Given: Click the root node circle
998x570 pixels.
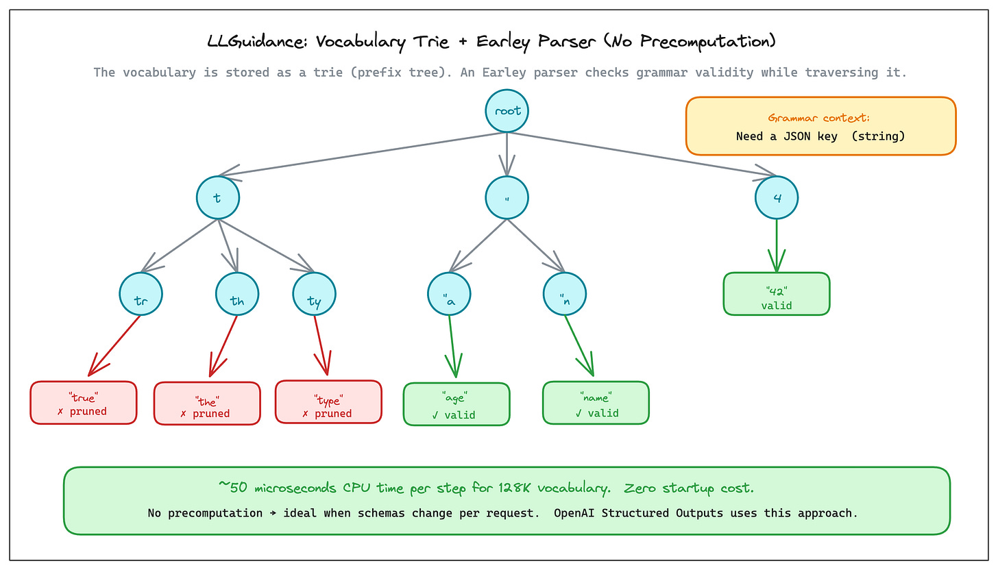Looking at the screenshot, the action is pyautogui.click(x=507, y=111).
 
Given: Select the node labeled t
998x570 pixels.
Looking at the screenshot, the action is pyautogui.click(x=218, y=198).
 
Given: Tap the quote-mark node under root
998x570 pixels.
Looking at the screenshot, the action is pyautogui.click(x=507, y=198).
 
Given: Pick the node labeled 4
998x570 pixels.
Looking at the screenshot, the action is pyautogui.click(x=777, y=198).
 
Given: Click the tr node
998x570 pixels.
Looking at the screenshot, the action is pyautogui.click(x=141, y=294).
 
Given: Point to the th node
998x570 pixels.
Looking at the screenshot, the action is pyautogui.click(x=237, y=294).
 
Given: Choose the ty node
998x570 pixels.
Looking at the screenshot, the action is pyautogui.click(x=314, y=294).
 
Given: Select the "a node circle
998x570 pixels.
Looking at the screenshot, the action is pyautogui.click(x=449, y=294).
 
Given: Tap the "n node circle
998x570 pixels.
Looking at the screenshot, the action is pyautogui.click(x=565, y=294).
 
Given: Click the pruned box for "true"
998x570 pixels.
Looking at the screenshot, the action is pyautogui.click(x=84, y=403).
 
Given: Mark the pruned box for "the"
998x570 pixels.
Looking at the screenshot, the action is pyautogui.click(x=207, y=404).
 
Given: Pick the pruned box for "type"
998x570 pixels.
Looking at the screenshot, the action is pyautogui.click(x=328, y=401).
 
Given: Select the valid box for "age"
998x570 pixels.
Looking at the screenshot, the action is pyautogui.click(x=457, y=404).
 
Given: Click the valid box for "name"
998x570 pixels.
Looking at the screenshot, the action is pyautogui.click(x=596, y=403).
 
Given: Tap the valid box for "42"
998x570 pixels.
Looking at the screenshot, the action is pyautogui.click(x=777, y=294).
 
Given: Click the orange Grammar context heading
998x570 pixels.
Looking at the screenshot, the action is pyautogui.click(x=818, y=118).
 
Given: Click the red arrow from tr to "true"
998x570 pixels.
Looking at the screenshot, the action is pyautogui.click(x=114, y=345).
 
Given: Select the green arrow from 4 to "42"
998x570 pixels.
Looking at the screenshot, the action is pyautogui.click(x=777, y=246).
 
